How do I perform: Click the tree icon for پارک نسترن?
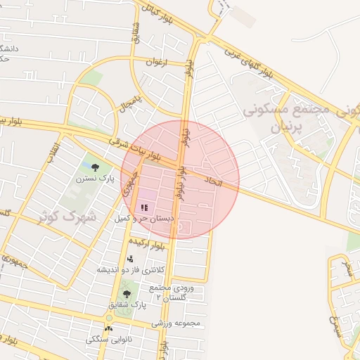(x=95, y=167)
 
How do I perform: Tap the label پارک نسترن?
(x=91, y=179)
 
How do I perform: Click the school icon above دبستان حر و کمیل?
(x=144, y=207)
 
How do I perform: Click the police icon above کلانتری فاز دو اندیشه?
(x=130, y=258)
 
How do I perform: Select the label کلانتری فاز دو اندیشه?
(x=130, y=270)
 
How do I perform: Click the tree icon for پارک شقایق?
(x=127, y=294)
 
